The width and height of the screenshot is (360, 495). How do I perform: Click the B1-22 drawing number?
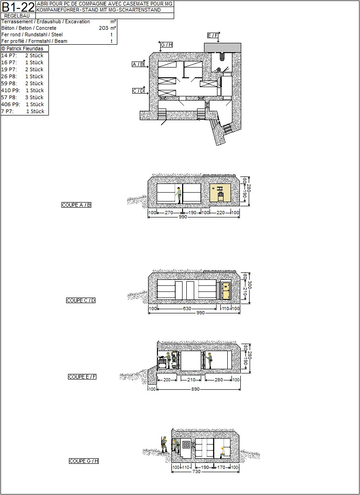(x=18, y=7)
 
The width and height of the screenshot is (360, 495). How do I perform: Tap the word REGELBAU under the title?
(x=17, y=16)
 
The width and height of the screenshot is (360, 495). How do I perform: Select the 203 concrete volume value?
(x=103, y=28)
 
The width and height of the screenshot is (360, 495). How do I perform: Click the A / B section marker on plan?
(x=138, y=64)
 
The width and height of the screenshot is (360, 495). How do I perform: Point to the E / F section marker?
(x=212, y=35)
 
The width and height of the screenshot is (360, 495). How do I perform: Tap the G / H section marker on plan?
(x=166, y=45)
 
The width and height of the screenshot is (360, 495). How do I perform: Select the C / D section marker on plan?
(x=138, y=91)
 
